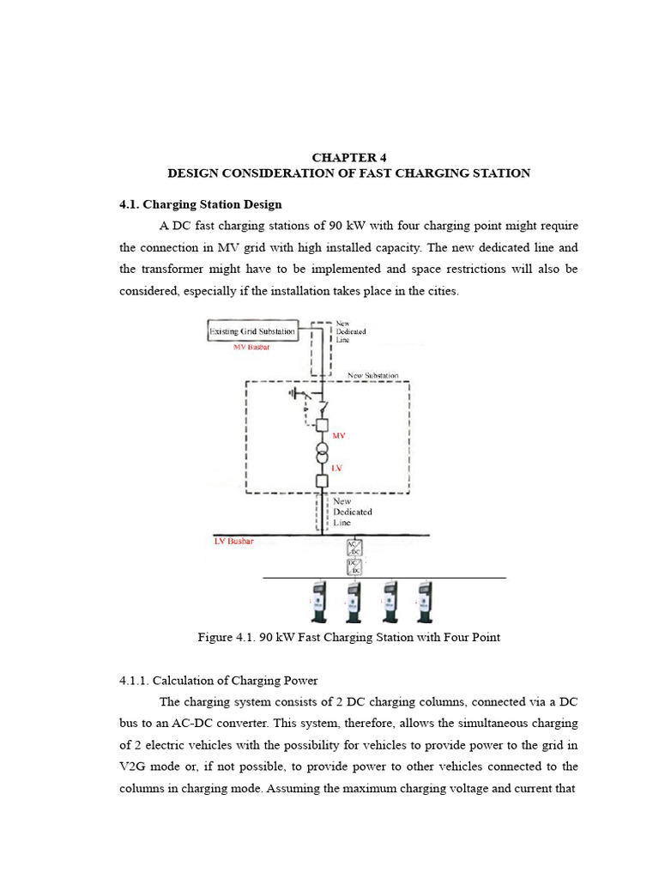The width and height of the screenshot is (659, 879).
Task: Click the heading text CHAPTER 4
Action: [x=349, y=157]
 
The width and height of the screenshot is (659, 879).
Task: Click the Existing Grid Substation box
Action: [x=253, y=331]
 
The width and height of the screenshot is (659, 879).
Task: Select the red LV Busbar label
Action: [x=233, y=542]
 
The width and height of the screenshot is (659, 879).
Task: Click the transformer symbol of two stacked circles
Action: [x=322, y=452]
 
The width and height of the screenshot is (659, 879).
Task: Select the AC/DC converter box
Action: [x=353, y=548]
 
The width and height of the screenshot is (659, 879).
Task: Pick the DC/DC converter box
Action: [x=353, y=566]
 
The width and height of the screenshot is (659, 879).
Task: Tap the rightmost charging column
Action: [x=423, y=602]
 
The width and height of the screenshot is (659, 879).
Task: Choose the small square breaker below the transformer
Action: [x=322, y=481]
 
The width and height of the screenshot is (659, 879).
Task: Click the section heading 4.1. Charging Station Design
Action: [x=200, y=204]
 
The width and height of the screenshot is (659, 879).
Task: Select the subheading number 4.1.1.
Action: [x=135, y=682]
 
